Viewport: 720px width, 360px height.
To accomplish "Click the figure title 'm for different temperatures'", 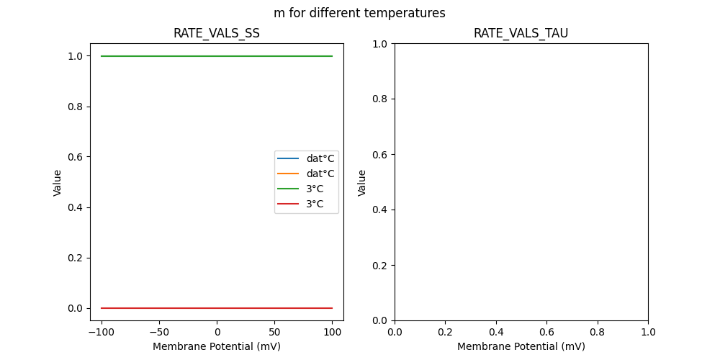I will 359,13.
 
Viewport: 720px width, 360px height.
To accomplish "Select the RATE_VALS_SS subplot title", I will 217,33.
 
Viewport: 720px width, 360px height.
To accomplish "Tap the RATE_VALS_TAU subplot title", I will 521,33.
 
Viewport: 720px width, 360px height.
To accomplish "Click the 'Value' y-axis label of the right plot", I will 362,182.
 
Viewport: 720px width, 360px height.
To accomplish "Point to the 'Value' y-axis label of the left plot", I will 58,182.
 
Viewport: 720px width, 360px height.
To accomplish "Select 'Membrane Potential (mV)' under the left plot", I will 217,346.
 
